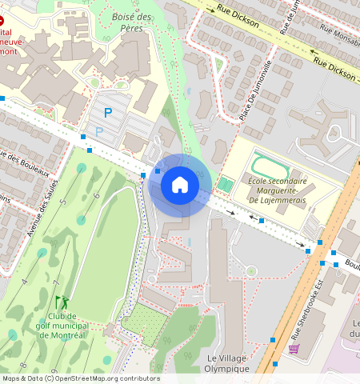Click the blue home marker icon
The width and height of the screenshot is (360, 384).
coord(180,186)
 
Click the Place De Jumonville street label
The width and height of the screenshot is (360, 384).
coord(256,90)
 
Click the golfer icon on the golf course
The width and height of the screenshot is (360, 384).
coord(62,302)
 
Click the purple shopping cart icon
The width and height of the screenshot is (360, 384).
coord(294,349)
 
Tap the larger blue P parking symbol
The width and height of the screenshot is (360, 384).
coord(107,114)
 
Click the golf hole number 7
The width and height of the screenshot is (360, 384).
coord(56,283)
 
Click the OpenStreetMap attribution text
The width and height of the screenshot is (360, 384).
coord(80,378)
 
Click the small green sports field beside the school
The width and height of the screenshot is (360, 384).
coord(226,185)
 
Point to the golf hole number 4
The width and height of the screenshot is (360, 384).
coord(24,282)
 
